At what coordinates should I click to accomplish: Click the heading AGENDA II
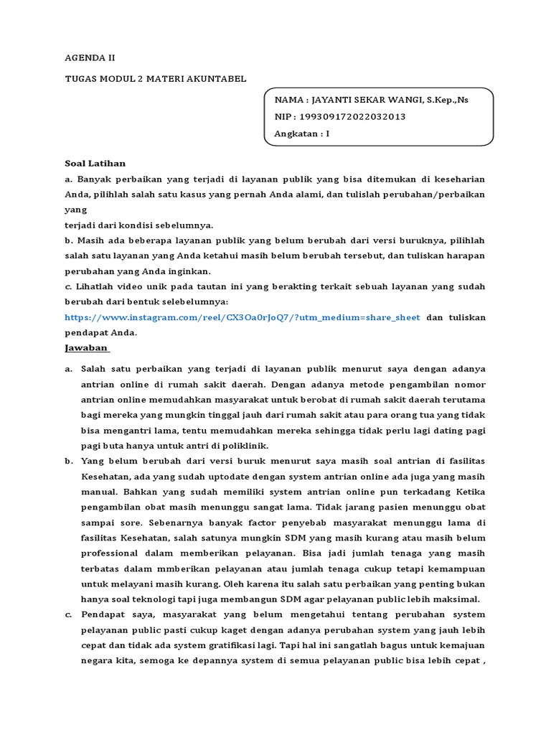90,57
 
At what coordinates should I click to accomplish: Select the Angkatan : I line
302,134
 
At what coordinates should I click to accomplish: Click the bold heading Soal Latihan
95,163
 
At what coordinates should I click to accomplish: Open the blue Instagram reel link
242,317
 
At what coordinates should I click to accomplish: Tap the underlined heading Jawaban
86,348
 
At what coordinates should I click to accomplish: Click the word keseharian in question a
452,178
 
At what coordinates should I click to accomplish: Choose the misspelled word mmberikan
195,568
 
